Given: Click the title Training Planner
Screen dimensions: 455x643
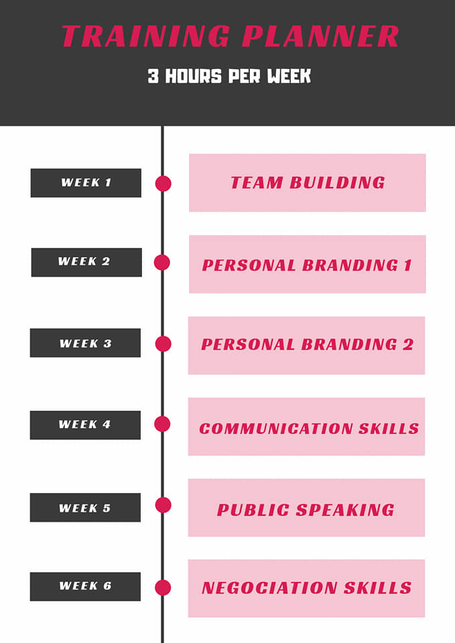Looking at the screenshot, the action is point(230,36).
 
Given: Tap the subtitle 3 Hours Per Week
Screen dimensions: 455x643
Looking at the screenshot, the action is point(229,76).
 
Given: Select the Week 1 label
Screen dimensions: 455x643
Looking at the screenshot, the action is point(86,183).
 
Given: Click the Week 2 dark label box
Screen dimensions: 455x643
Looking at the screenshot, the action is point(86,262).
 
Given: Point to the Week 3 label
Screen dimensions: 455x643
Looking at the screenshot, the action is point(85,343).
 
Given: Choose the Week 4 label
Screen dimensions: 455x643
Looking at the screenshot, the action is point(85,425).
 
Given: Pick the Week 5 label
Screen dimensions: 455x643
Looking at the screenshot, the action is point(85,507).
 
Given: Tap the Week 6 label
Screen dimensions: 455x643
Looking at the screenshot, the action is point(85,587).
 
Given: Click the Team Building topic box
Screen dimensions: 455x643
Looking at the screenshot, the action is point(308,183).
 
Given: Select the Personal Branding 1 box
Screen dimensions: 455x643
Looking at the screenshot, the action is point(308,264).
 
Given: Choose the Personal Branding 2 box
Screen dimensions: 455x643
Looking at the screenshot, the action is point(306,346).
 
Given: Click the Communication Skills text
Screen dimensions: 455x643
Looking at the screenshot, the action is point(309,429).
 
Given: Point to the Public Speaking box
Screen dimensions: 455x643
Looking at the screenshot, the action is point(306,507).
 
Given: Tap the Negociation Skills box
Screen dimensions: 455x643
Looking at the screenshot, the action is point(306,588).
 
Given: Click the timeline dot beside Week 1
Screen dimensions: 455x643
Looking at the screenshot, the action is point(164,184).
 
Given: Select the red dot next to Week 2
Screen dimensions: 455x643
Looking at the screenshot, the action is point(162,263).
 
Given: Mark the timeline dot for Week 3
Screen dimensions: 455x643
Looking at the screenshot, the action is point(164,344).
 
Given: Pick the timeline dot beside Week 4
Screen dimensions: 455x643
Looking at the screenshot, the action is point(162,424).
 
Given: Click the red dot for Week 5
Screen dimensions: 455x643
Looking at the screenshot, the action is point(164,505).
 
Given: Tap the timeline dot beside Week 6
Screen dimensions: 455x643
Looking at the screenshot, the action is point(163,587).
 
